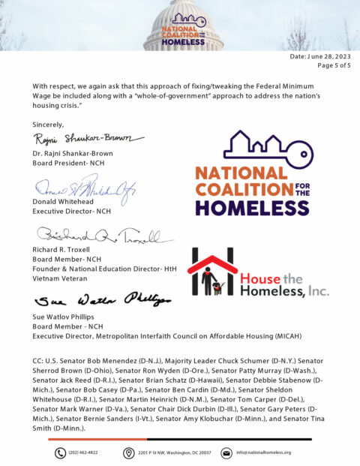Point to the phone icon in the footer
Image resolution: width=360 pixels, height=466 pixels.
60,452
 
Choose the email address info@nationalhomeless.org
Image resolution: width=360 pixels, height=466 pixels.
263,452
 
